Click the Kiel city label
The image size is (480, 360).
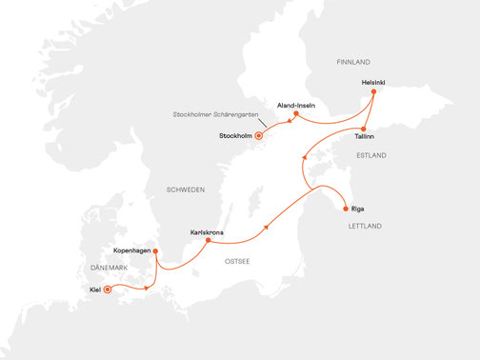94,288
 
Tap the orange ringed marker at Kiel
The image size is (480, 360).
108,288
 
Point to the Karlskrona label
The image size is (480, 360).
207,231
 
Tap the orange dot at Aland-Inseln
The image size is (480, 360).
297,114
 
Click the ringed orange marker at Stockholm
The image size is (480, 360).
258,136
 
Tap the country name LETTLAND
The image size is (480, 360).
366,226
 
